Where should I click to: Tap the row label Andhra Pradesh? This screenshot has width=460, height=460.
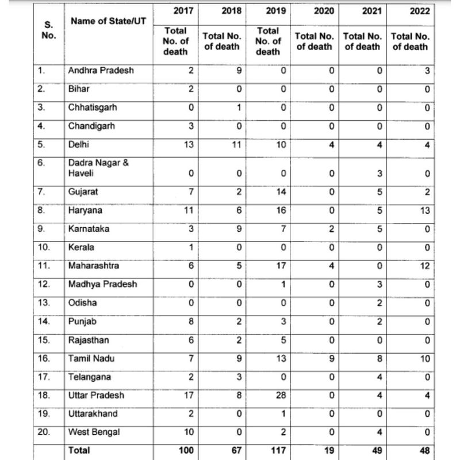pos(101,70)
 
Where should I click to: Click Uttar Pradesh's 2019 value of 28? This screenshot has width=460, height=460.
pos(278,396)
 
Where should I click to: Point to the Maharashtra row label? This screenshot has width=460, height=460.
pos(94,266)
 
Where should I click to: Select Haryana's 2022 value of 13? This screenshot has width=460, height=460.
pos(424,210)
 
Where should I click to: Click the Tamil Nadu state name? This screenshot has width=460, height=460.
pos(91,358)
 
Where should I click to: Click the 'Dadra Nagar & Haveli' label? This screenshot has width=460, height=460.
pos(98,167)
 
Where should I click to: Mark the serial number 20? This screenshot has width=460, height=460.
pos(44,432)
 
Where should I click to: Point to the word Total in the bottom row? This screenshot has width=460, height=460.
pos(79,451)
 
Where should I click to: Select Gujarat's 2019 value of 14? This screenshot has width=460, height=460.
pos(278,191)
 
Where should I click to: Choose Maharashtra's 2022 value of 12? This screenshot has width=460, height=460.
pos(424,266)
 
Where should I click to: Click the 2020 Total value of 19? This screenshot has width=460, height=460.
pos(325,451)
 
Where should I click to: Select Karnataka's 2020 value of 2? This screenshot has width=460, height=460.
pos(330,229)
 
